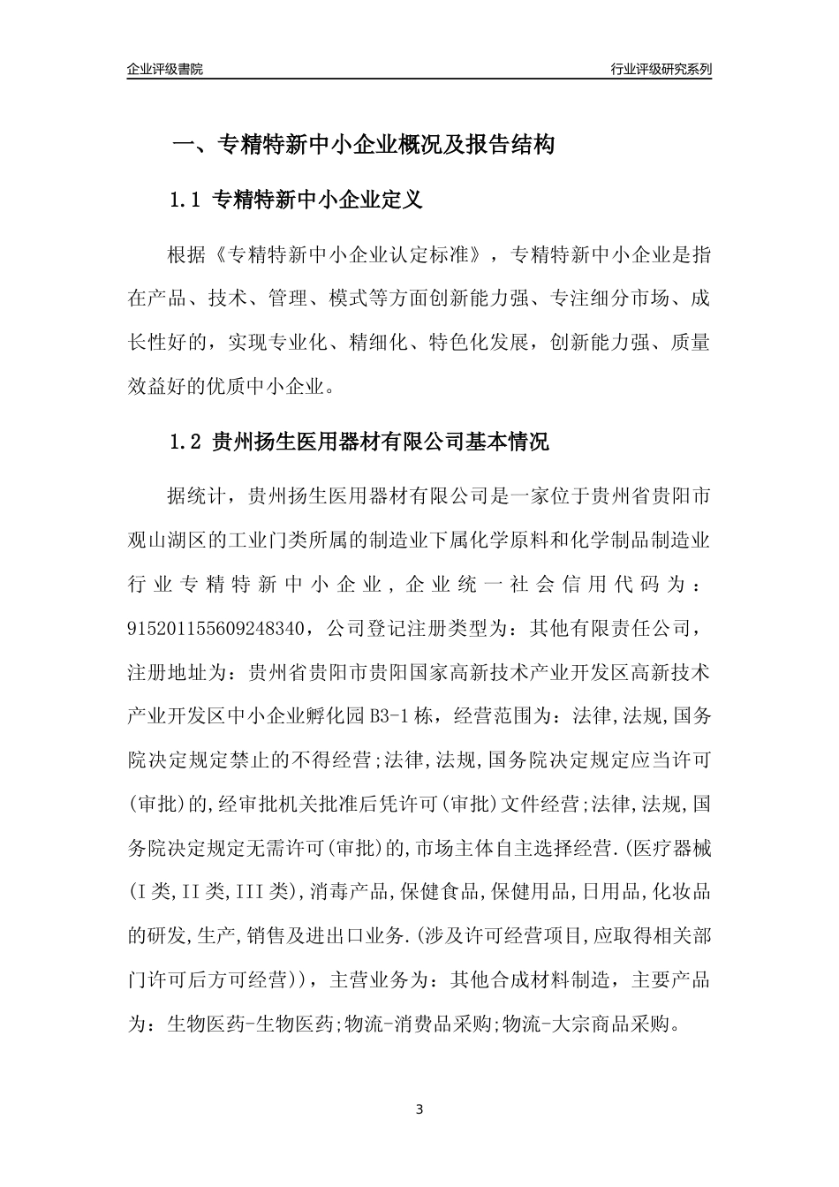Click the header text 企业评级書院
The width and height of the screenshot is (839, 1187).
(x=165, y=69)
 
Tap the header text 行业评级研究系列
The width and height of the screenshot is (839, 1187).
(x=661, y=69)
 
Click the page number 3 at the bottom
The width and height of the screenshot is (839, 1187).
(x=419, y=1108)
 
